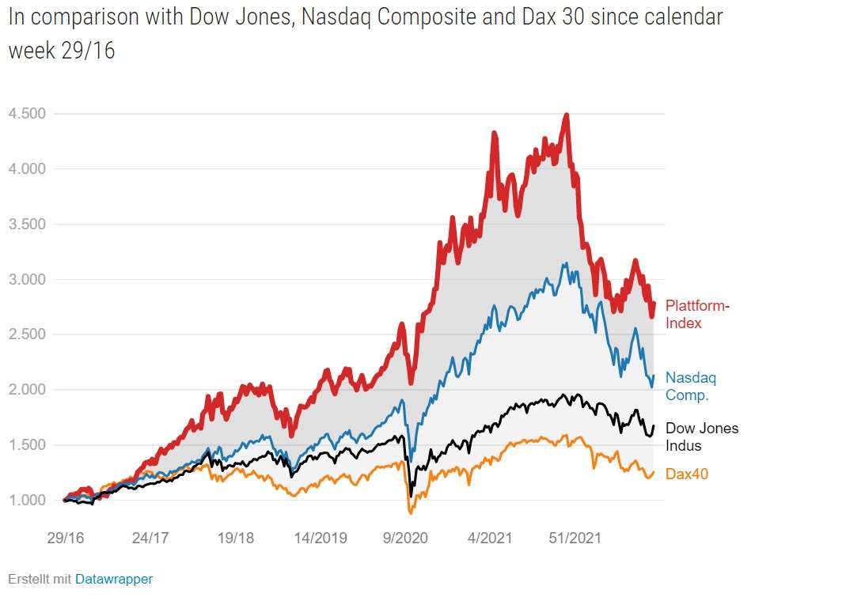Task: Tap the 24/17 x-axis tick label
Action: click(x=151, y=538)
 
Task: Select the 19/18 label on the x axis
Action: click(x=236, y=538)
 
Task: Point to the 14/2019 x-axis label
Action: click(x=321, y=538)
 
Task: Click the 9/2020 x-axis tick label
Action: click(x=405, y=538)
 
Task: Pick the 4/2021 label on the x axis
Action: click(x=491, y=538)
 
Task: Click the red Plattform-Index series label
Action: click(x=697, y=314)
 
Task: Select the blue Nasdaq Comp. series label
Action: click(x=691, y=387)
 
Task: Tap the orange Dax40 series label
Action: click(x=686, y=474)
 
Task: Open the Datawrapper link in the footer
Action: click(x=114, y=579)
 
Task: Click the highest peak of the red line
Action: click(x=566, y=115)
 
